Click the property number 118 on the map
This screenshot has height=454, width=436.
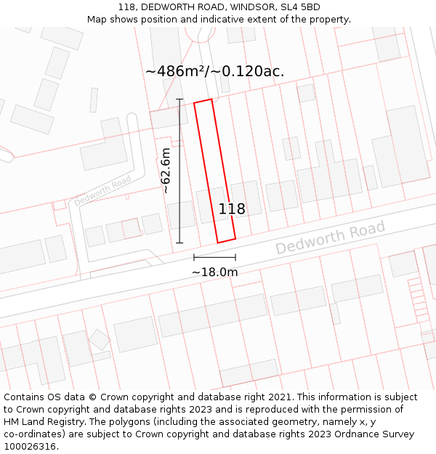click(232, 209)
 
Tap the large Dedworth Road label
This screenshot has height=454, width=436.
click(330, 239)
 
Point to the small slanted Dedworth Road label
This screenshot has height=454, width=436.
click(102, 190)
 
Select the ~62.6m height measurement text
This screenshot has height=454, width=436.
click(166, 171)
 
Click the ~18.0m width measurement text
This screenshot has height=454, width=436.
click(214, 272)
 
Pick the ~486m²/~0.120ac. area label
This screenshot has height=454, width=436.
click(214, 71)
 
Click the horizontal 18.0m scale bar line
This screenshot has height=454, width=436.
click(214, 257)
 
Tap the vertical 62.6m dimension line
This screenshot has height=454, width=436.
click(179, 171)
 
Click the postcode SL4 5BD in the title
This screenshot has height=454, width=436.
click(300, 7)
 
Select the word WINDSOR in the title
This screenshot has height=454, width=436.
click(247, 7)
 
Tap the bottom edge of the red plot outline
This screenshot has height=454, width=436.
click(227, 240)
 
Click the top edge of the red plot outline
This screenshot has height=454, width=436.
click(203, 102)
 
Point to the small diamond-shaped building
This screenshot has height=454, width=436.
click(99, 339)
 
